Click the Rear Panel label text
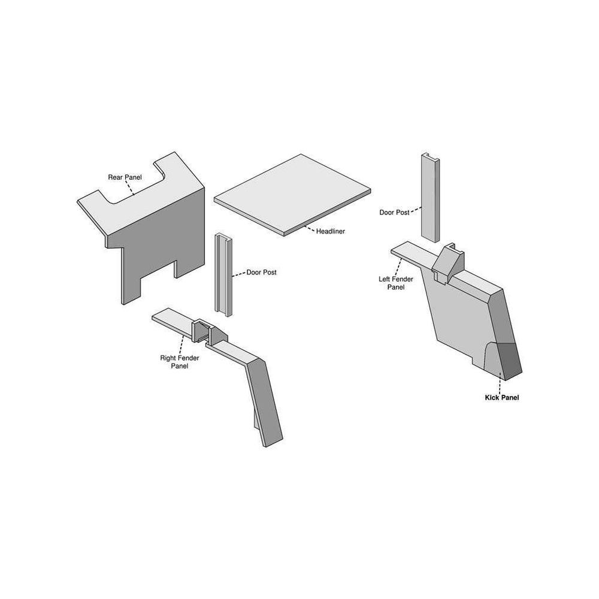click(x=125, y=177)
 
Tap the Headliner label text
click(x=331, y=231)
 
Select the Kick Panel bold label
click(x=501, y=398)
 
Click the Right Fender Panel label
click(x=180, y=362)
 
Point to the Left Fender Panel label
click(x=396, y=283)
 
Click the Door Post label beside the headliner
click(x=261, y=273)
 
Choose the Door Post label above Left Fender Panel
click(x=394, y=213)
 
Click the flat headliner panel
click(x=292, y=195)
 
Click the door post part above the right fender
click(x=223, y=275)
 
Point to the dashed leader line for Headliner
click(x=309, y=228)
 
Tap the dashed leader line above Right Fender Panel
click(x=182, y=344)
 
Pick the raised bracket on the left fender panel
click(x=447, y=264)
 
